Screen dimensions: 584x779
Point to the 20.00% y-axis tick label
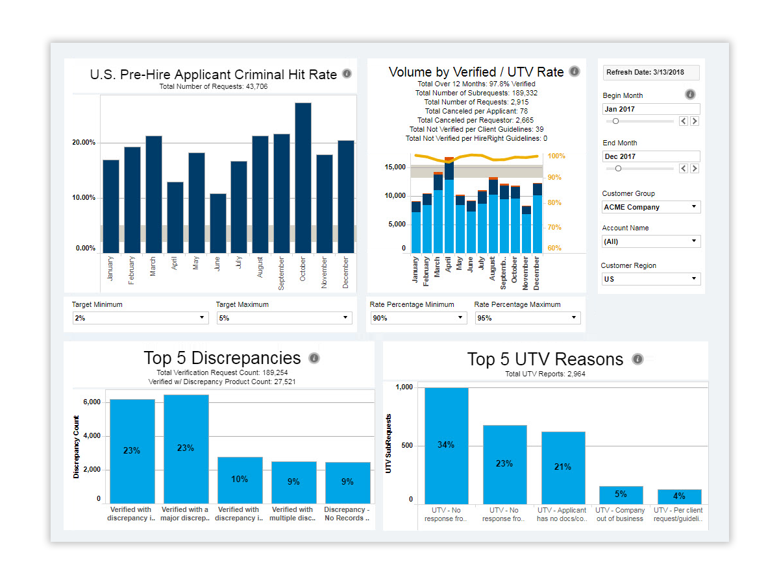coord(82,143)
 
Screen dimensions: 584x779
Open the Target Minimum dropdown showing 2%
coord(140,318)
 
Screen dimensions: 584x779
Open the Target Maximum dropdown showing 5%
coord(284,318)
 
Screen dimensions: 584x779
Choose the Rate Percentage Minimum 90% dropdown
coord(418,318)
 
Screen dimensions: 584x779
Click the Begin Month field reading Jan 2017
coord(651,109)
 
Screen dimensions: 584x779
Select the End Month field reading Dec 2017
coord(651,156)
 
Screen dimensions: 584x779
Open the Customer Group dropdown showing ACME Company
coord(651,207)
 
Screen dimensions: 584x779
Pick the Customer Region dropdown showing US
coord(651,279)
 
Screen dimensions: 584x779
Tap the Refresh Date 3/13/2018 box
coord(651,73)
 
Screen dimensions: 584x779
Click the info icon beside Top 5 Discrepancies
coord(314,358)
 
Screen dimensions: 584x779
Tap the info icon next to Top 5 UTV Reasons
coord(637,359)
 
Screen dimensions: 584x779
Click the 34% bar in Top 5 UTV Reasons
coord(446,446)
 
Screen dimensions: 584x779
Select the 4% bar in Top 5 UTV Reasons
coord(679,497)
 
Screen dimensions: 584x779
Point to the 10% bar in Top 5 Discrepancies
coord(240,480)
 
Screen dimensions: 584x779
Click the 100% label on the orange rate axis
coord(556,156)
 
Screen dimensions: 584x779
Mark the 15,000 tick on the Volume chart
coord(395,167)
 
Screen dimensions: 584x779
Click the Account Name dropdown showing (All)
coord(651,241)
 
